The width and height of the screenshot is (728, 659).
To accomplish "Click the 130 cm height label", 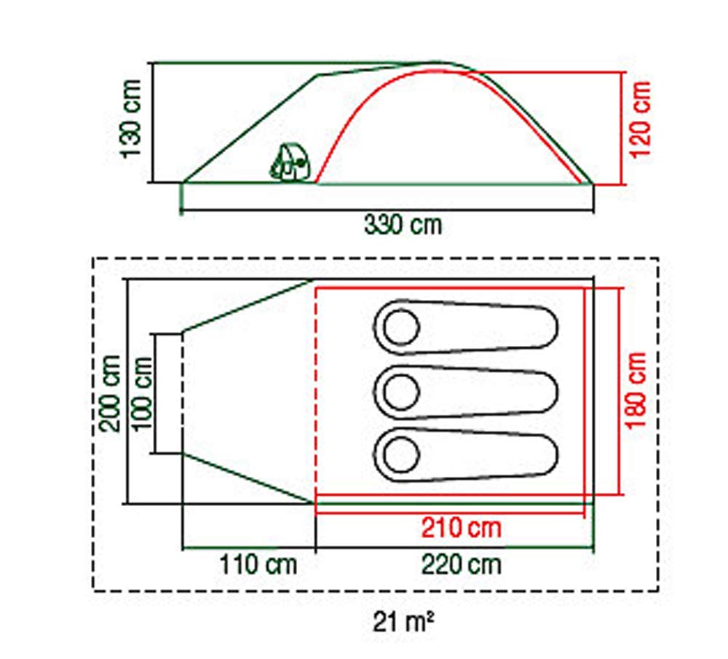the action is [130, 119].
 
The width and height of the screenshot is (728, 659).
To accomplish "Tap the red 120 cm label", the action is [640, 119].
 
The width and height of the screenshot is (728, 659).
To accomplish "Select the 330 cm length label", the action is [403, 225].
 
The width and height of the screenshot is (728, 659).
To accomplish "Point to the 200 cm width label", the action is [111, 393].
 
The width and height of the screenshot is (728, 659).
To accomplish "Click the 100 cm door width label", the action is [142, 393].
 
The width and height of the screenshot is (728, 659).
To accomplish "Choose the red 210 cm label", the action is [461, 528].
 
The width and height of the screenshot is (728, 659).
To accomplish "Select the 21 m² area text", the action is [403, 623].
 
